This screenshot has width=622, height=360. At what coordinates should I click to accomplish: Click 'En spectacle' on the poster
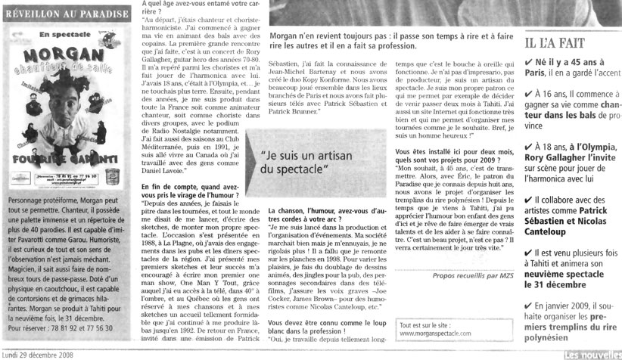tap(62, 34)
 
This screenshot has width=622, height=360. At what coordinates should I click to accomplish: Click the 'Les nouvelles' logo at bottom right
tap(592, 352)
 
